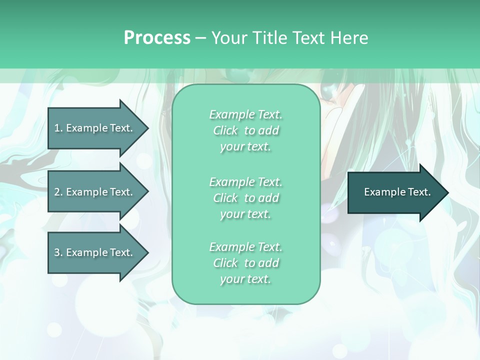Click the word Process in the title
tap(157, 37)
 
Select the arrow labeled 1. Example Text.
tap(95, 128)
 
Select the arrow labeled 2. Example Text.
tap(95, 192)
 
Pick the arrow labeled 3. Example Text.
tap(95, 252)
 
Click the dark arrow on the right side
tap(395, 192)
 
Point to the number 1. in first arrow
tap(58, 128)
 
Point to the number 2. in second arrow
tap(58, 192)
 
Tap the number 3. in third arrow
tap(58, 252)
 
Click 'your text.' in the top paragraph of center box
tap(245, 147)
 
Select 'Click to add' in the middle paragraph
tap(245, 198)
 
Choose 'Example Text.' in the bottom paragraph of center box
tap(245, 247)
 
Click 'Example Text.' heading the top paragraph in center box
tap(245, 114)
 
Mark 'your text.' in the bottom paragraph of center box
tap(245, 279)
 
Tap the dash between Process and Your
tap(201, 38)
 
